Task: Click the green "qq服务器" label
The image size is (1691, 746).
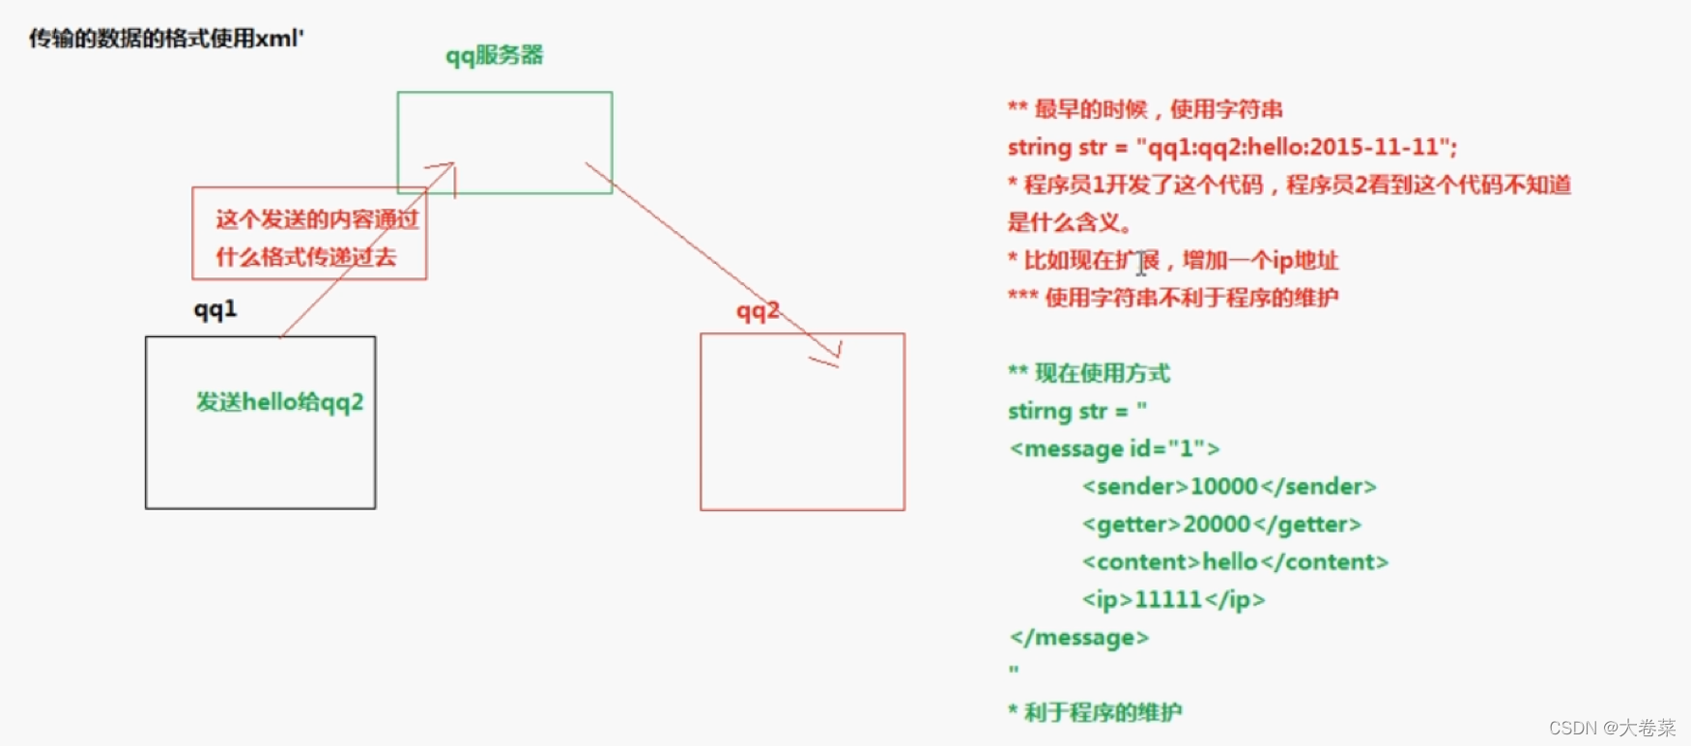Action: click(x=494, y=55)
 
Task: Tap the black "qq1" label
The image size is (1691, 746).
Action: click(x=215, y=309)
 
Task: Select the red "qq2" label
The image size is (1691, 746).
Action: click(x=757, y=311)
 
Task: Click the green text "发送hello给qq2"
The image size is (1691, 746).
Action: click(x=279, y=402)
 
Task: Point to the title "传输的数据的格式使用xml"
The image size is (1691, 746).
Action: click(x=165, y=39)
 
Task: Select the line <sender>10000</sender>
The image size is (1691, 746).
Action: click(x=1229, y=486)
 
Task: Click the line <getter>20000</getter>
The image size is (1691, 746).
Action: click(x=1221, y=524)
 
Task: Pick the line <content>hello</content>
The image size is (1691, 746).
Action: click(x=1235, y=561)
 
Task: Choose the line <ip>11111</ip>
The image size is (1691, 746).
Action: click(x=1173, y=599)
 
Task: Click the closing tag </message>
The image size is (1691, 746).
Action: click(x=1078, y=637)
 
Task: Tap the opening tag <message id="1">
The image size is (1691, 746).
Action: click(x=1114, y=448)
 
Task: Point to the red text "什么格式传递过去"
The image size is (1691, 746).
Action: click(x=305, y=257)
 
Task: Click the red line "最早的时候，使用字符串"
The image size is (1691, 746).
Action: click(x=1158, y=109)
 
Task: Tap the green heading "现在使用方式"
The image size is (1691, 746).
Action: click(x=1102, y=373)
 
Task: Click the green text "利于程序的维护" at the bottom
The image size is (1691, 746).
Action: click(x=1102, y=712)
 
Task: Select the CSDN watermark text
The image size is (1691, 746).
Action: click(x=1612, y=728)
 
